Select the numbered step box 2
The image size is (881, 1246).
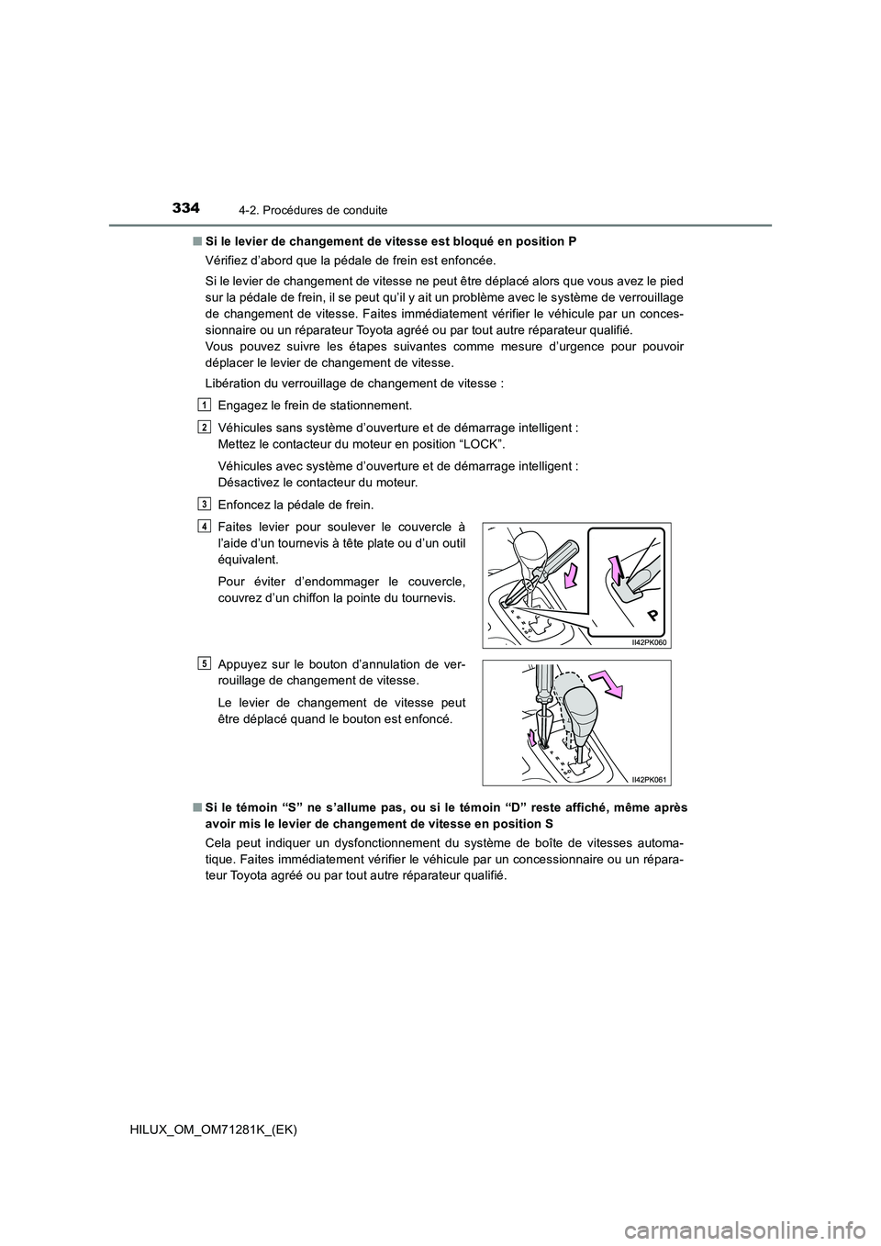(x=203, y=427)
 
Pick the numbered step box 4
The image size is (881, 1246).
(x=203, y=525)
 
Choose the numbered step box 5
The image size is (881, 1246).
(x=203, y=663)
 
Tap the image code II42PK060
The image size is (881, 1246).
(x=650, y=641)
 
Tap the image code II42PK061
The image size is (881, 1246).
(x=650, y=779)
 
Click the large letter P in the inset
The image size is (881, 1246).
(x=651, y=613)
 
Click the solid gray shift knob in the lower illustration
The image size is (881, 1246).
(x=583, y=709)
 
